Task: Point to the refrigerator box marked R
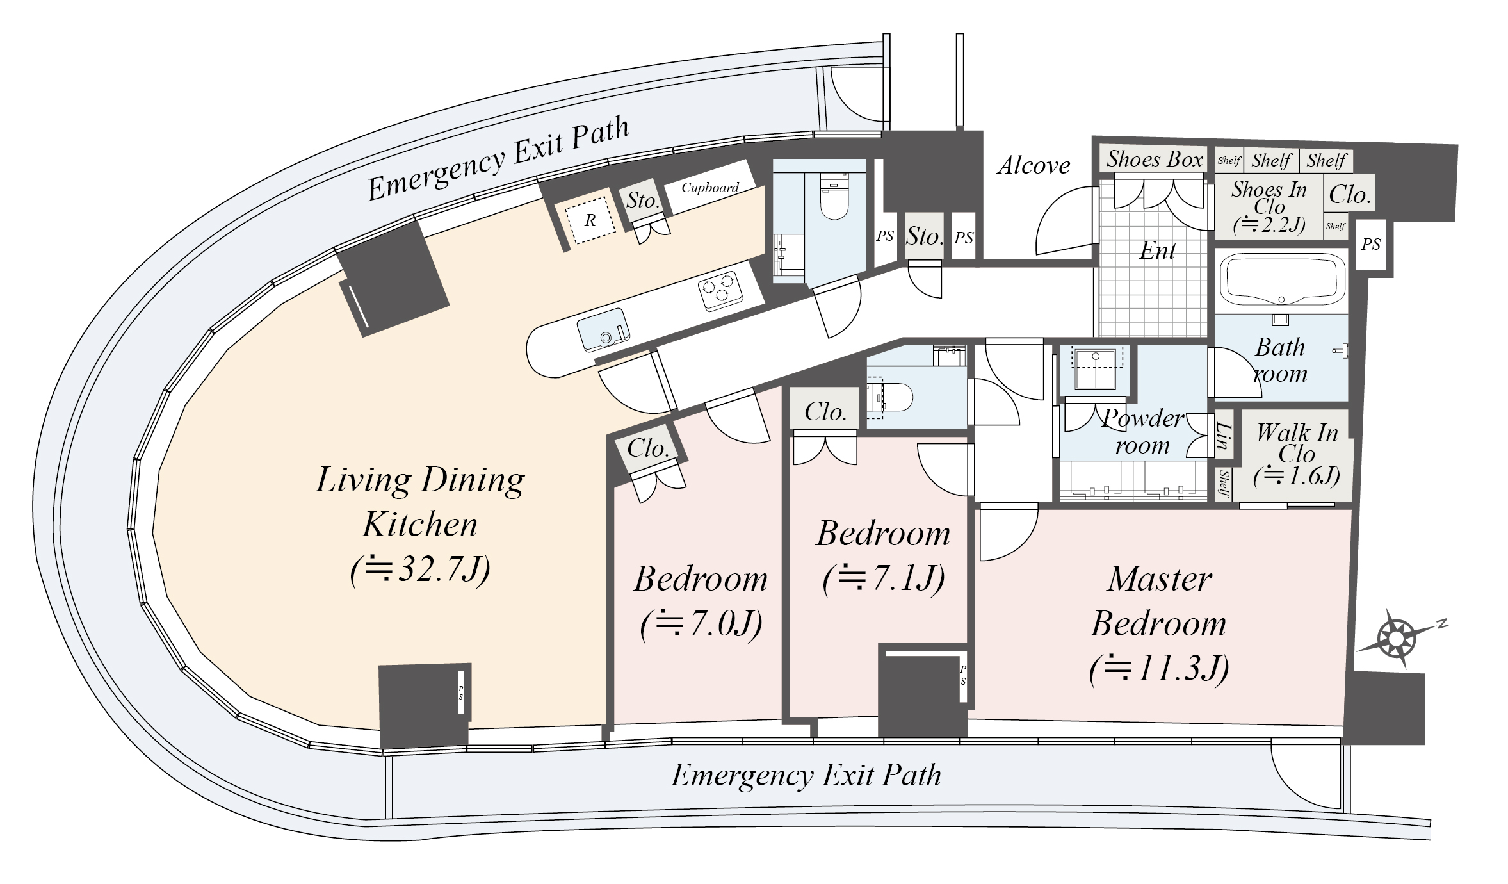(x=590, y=220)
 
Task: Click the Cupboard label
(x=709, y=188)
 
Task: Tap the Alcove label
(x=1034, y=165)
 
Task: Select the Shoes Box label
(x=1155, y=158)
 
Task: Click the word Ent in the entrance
(x=1157, y=250)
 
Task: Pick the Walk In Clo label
(x=1297, y=443)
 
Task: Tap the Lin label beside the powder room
(x=1224, y=436)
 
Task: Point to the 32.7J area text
(x=420, y=569)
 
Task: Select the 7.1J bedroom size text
(x=884, y=578)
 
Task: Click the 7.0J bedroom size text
(x=701, y=623)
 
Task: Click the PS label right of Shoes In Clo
(x=1371, y=244)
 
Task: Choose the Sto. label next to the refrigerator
(x=642, y=201)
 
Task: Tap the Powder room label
(x=1143, y=431)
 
